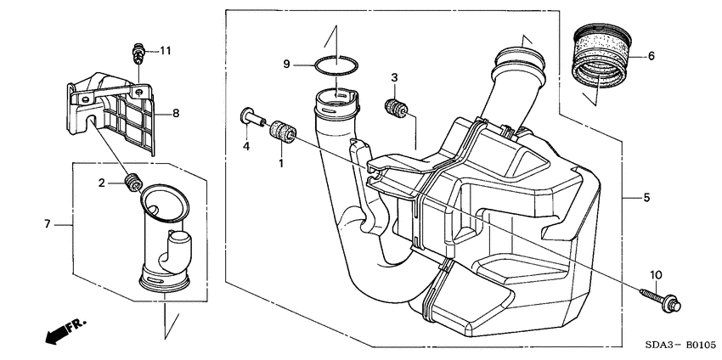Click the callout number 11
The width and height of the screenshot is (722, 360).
(165, 51)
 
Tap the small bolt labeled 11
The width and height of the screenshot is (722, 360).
(137, 52)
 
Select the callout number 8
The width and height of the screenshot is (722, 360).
(176, 112)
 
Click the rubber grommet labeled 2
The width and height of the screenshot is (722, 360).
(133, 182)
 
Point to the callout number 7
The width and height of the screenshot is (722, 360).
(48, 224)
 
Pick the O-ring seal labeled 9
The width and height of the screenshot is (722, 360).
(336, 65)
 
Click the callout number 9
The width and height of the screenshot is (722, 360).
(287, 65)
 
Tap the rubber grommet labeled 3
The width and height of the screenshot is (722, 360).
(395, 109)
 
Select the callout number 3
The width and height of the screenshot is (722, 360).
(395, 78)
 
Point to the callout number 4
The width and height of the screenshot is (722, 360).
(246, 147)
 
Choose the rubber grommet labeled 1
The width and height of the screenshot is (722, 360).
(282, 132)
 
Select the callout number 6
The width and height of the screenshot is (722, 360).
(651, 56)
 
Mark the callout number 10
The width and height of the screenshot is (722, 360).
(655, 274)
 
